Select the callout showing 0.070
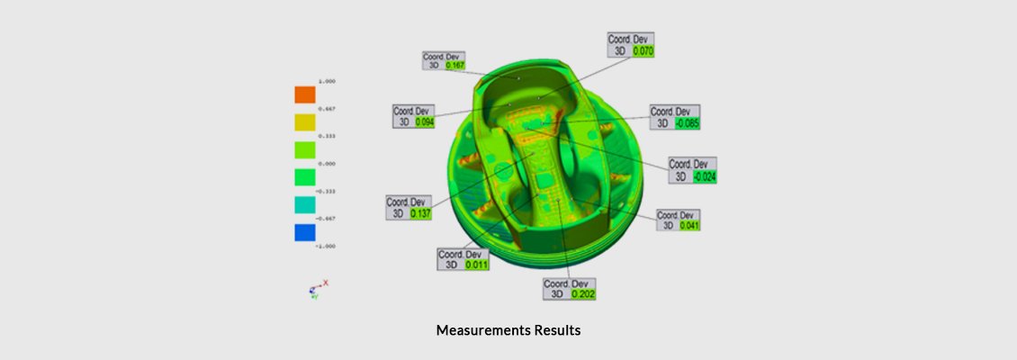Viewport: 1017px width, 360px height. [x=643, y=51]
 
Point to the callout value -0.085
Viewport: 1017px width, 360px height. [x=687, y=123]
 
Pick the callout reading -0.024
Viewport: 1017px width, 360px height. [x=704, y=176]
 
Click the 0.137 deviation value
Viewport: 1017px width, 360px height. [x=420, y=213]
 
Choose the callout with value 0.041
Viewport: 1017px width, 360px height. [x=689, y=225]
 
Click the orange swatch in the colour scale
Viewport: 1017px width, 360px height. [x=305, y=94]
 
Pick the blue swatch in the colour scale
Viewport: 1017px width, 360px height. [x=305, y=233]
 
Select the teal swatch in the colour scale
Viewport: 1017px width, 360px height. [x=305, y=205]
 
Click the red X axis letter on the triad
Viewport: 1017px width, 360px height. [x=326, y=283]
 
